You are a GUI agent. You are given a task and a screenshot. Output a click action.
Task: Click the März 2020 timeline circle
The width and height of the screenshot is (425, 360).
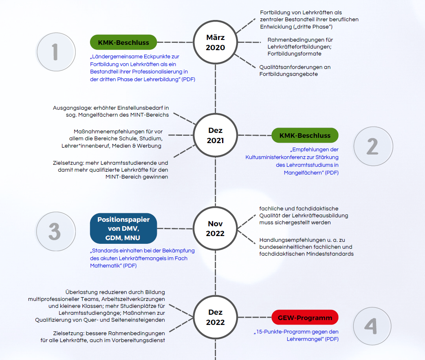215,42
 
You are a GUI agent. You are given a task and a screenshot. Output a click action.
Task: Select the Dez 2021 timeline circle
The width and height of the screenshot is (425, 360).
215,136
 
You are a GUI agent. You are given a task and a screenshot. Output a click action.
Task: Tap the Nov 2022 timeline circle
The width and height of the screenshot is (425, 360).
215,228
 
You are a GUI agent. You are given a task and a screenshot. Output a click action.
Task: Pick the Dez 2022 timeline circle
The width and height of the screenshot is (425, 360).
215,317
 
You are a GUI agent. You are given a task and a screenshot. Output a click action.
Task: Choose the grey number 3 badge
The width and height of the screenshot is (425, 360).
55,232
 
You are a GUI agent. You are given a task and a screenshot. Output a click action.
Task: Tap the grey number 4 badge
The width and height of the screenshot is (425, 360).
370,326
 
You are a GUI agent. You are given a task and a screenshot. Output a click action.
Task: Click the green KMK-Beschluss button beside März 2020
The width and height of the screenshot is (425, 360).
123,42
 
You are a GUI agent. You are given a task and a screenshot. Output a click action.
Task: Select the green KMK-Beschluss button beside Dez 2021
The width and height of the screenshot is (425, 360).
305,135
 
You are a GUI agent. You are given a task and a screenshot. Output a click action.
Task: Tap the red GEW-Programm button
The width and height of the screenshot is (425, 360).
305,318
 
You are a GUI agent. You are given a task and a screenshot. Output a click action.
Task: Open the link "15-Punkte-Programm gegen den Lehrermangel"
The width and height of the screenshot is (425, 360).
296,335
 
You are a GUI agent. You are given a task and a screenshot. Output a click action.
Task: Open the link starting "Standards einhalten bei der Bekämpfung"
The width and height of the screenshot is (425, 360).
142,258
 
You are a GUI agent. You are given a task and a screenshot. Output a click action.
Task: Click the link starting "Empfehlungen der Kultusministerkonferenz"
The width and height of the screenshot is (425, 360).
292,161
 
